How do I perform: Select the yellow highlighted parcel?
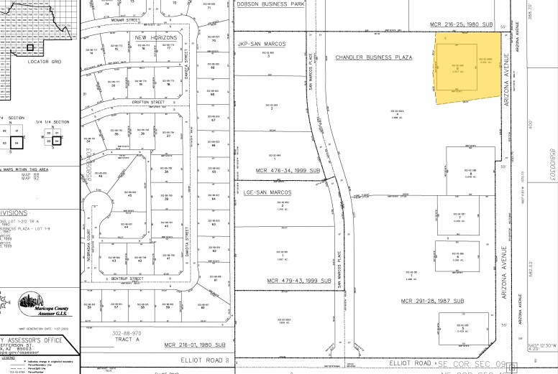[x=468, y=71]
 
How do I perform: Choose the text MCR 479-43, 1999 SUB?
[x=298, y=280]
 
